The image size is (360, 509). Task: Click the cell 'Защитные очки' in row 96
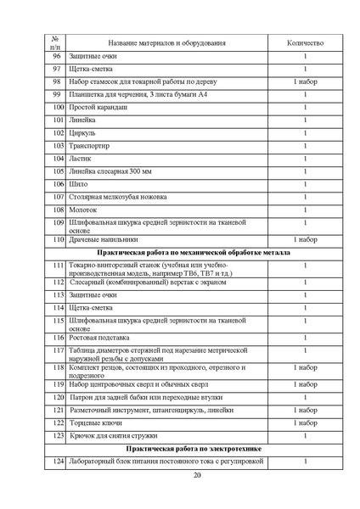pyautogui.click(x=93, y=56)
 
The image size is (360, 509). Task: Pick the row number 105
pyautogui.click(x=58, y=171)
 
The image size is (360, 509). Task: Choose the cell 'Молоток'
pyautogui.click(x=83, y=210)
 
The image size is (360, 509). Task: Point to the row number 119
pyautogui.click(x=58, y=384)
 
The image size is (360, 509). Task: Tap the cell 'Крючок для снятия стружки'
pyautogui.click(x=119, y=435)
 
